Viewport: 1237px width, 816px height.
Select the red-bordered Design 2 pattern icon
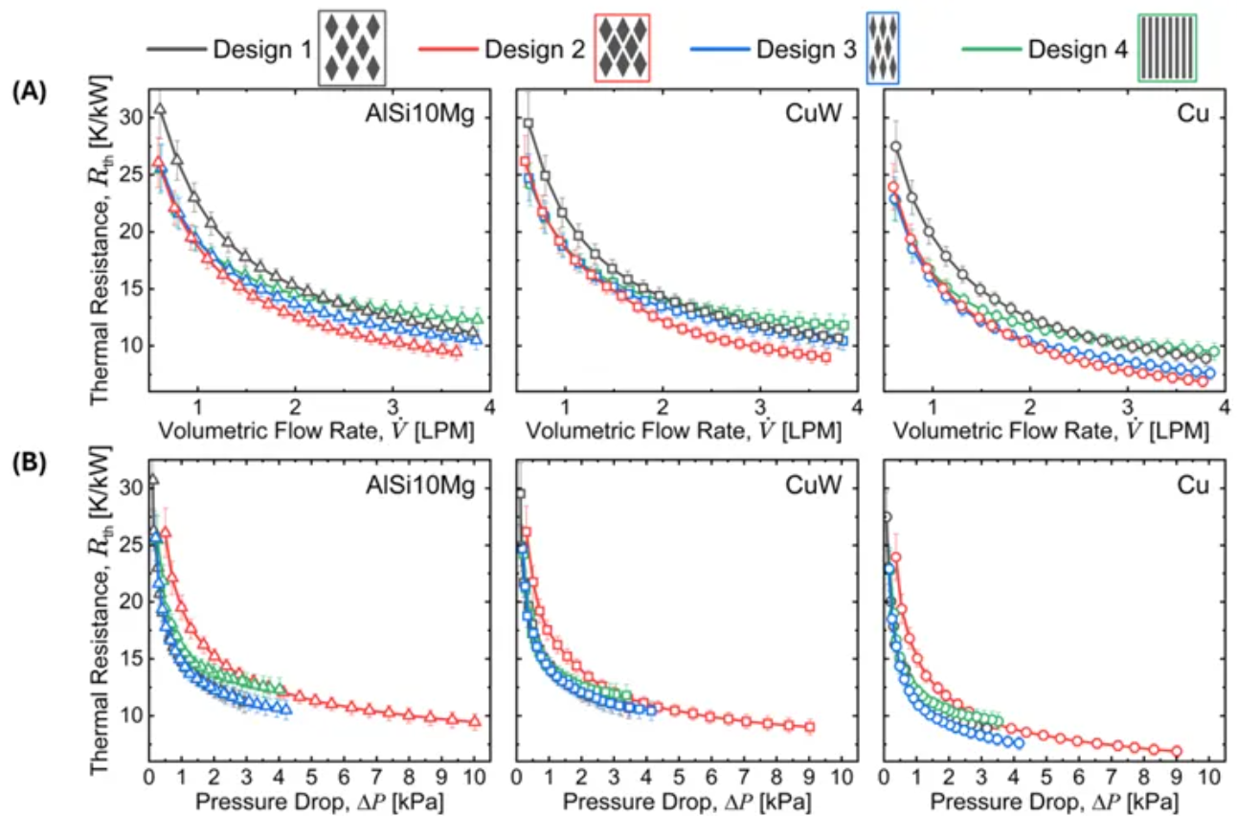coord(622,48)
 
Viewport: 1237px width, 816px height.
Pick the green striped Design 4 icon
coord(1166,48)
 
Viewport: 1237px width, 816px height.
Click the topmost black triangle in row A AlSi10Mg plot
coord(161,110)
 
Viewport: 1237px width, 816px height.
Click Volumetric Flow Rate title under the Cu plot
coord(1053,430)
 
